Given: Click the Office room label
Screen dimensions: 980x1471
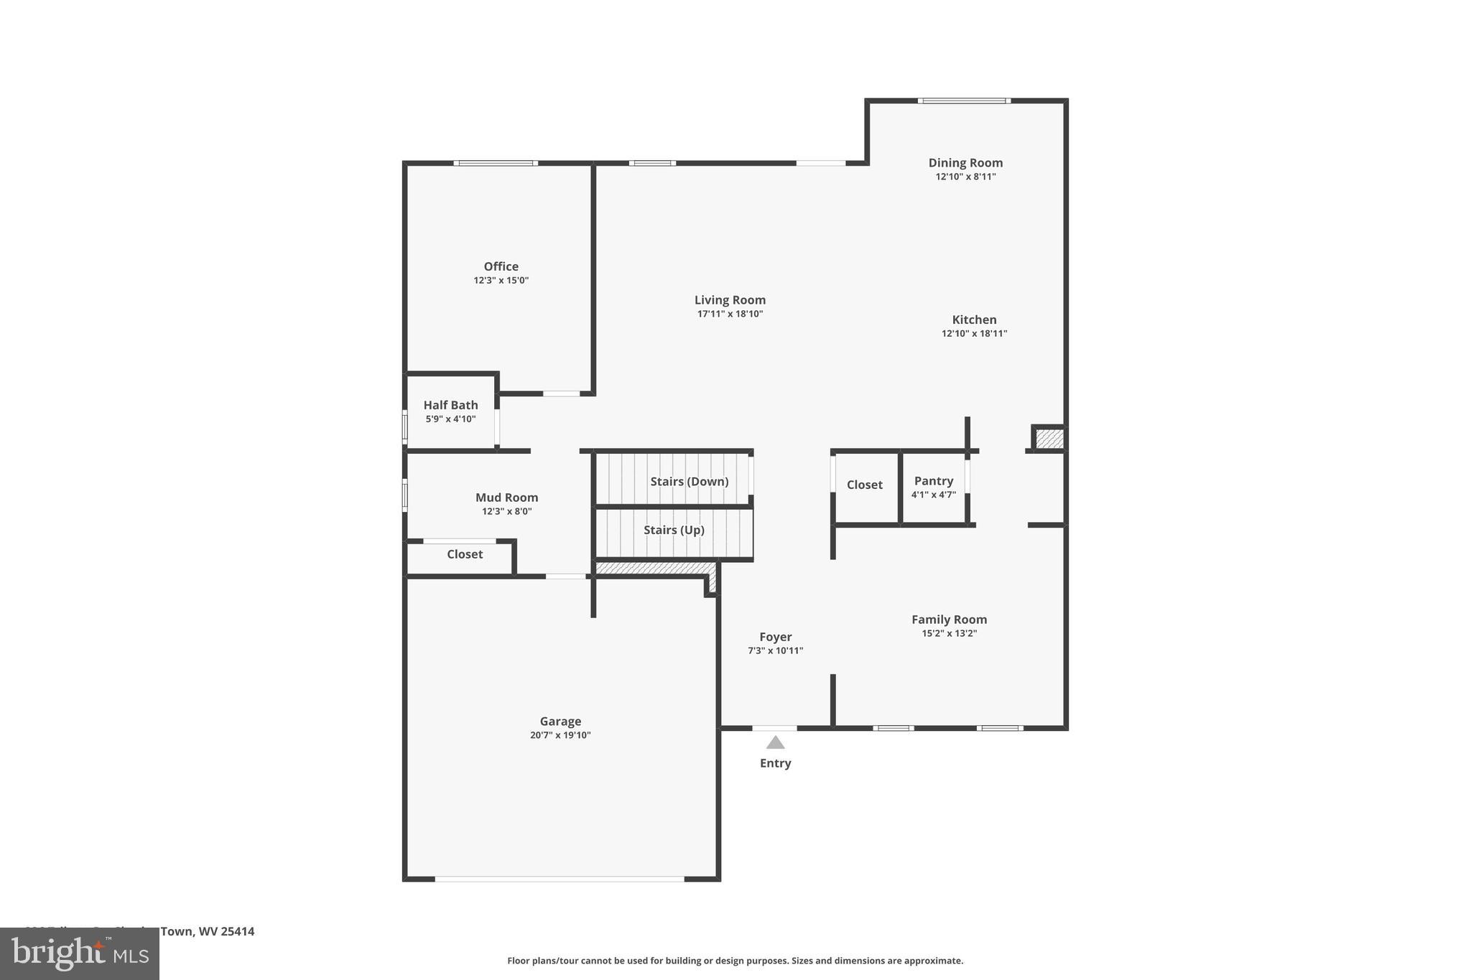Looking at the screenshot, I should tap(501, 266).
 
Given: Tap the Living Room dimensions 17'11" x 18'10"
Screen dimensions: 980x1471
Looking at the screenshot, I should tap(730, 314).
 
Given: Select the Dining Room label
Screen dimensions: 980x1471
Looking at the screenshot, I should tap(965, 163).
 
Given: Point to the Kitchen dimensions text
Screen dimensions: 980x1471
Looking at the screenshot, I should tap(974, 333).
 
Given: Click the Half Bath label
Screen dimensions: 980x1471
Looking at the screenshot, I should tap(450, 405).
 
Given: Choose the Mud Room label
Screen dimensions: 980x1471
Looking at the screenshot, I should tap(506, 498).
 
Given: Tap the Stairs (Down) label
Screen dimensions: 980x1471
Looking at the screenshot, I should tap(689, 481).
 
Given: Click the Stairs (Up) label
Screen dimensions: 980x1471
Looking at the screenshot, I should tap(674, 530).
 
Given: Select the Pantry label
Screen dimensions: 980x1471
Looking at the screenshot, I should tap(933, 481).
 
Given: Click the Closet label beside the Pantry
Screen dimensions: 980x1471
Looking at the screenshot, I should tap(864, 485).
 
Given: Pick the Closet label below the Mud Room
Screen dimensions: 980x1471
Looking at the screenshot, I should tap(465, 554).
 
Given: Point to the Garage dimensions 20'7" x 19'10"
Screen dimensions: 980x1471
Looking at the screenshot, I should tap(560, 735).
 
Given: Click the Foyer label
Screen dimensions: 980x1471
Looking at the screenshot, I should tap(775, 637).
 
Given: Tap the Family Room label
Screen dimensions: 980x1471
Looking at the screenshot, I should tap(949, 620).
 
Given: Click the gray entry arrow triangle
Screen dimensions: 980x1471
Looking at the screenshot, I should tap(775, 743).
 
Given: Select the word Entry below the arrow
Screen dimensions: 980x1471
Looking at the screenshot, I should tap(775, 763).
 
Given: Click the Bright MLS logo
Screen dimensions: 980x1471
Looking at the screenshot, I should tap(79, 954).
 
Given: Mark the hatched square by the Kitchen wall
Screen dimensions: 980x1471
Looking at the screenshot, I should tap(1049, 439).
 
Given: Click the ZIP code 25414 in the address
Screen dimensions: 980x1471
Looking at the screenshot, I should tap(237, 932).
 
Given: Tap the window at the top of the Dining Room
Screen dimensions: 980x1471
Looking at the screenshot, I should tap(964, 101).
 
